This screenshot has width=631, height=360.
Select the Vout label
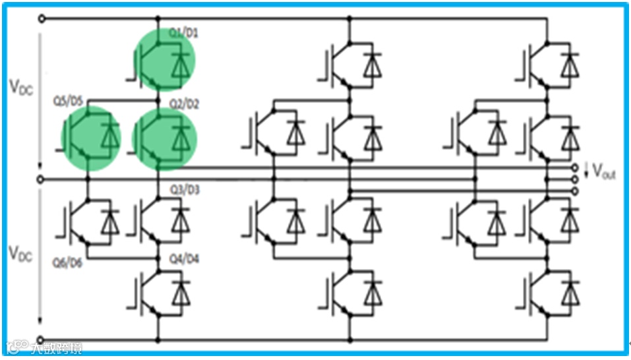tap(603, 172)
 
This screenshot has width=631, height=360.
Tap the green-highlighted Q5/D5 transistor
tap(91, 138)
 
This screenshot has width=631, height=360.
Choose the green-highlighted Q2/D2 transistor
tap(164, 138)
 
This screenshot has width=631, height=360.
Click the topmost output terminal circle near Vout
tap(576, 168)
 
